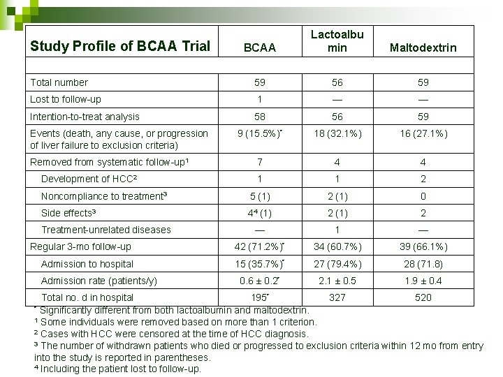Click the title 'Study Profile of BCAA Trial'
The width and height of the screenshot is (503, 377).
tap(119, 47)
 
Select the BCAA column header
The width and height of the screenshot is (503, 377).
tap(260, 48)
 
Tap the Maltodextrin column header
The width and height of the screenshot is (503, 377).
tap(423, 48)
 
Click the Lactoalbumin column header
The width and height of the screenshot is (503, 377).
tap(337, 40)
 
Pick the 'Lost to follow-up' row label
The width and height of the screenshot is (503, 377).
tap(66, 99)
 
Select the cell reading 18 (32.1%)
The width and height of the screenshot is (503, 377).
tap(337, 133)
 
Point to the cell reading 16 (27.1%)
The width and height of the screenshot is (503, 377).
tap(423, 133)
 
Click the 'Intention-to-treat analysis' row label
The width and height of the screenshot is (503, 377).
tap(85, 117)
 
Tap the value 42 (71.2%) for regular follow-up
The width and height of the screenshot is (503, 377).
tap(258, 246)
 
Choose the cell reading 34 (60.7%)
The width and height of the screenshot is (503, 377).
tap(337, 246)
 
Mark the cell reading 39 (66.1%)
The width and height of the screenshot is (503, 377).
tap(423, 246)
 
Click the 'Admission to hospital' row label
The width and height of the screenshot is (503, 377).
tap(87, 264)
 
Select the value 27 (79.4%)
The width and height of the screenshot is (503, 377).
tap(337, 264)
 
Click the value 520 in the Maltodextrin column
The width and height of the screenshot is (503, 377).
tap(423, 297)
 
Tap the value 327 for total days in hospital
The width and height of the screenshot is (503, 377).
tap(337, 297)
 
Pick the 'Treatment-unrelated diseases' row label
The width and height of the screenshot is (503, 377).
tap(106, 230)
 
